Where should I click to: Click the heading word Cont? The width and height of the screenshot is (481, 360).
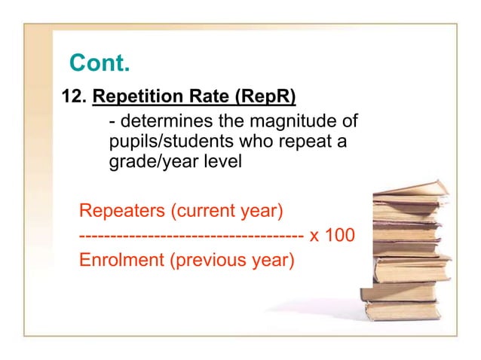[x=99, y=63]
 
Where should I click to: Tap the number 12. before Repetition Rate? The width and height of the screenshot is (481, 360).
[x=75, y=97]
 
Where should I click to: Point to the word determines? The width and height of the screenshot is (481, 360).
[x=158, y=121]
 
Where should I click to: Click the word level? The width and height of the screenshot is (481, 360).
[x=220, y=161]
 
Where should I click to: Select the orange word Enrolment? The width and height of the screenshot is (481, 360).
[x=121, y=261]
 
